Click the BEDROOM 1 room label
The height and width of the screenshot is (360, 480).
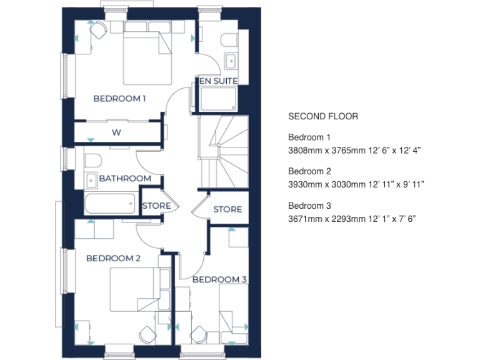point(119,98)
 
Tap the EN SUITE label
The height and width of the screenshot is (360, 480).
point(217,81)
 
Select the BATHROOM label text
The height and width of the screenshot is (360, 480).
point(125,178)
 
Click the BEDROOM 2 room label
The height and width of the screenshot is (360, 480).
point(113,258)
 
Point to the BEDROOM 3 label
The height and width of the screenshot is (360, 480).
point(219,279)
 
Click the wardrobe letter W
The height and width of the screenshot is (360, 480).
point(116,132)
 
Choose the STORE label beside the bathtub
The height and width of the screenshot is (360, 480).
point(156,206)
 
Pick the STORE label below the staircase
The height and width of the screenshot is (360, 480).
point(227,209)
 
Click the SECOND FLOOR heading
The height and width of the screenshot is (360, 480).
point(323,116)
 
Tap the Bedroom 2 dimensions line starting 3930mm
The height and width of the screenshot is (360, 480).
point(356,184)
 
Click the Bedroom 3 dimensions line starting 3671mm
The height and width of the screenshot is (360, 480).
point(352,218)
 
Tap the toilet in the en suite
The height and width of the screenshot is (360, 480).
point(228,40)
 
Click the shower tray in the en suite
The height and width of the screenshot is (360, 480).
point(218,99)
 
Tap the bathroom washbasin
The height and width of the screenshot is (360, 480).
point(91,179)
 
